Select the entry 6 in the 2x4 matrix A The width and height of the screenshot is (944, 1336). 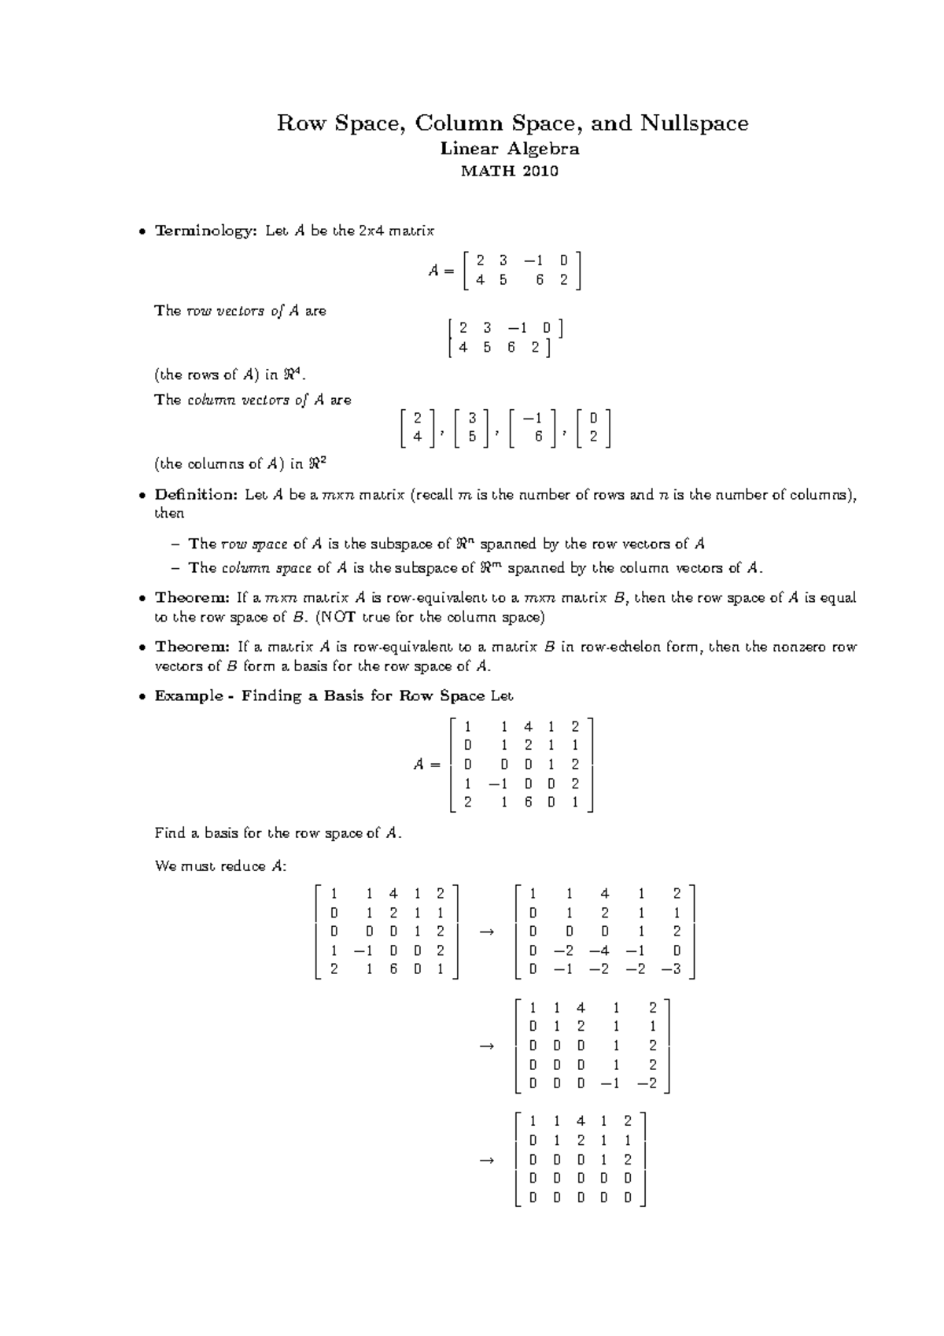point(540,279)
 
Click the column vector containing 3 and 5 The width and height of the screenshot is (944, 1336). point(471,429)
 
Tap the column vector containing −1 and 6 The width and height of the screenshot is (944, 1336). point(533,429)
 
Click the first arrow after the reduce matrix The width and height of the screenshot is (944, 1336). point(487,932)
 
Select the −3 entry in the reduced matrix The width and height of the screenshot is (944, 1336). point(671,969)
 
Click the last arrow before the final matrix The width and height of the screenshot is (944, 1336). point(487,1161)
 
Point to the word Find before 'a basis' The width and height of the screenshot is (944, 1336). point(170,832)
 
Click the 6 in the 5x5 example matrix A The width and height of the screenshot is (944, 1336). point(527,803)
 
